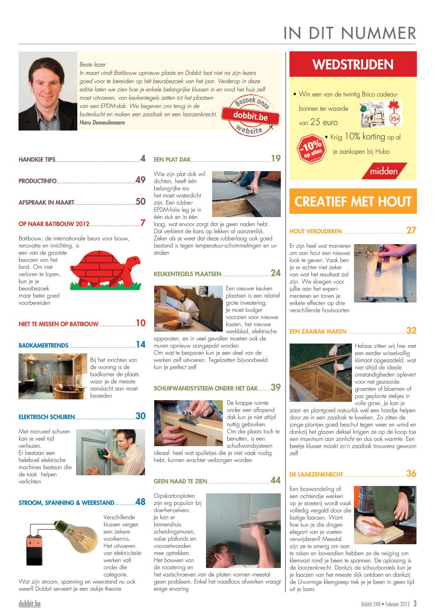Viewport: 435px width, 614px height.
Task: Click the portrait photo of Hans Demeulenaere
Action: click(48, 91)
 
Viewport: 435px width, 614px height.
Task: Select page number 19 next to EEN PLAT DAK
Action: click(275, 158)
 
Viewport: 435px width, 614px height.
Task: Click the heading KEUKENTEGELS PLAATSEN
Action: click(187, 274)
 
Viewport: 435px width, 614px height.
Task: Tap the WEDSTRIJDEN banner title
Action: click(353, 64)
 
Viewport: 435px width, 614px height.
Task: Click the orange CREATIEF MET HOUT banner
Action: click(353, 202)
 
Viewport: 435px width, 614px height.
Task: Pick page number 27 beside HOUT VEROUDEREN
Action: click(411, 231)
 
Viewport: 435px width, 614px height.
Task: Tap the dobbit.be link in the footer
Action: click(30, 604)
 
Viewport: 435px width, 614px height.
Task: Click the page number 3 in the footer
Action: click(415, 604)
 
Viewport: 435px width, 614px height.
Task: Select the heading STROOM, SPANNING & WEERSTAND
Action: click(66, 503)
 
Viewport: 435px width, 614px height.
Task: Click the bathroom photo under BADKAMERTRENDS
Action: click(53, 376)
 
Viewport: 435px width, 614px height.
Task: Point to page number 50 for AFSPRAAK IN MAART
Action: click(141, 202)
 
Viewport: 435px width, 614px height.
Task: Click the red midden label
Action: click(384, 171)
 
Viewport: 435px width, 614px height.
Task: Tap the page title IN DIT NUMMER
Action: click(349, 33)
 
